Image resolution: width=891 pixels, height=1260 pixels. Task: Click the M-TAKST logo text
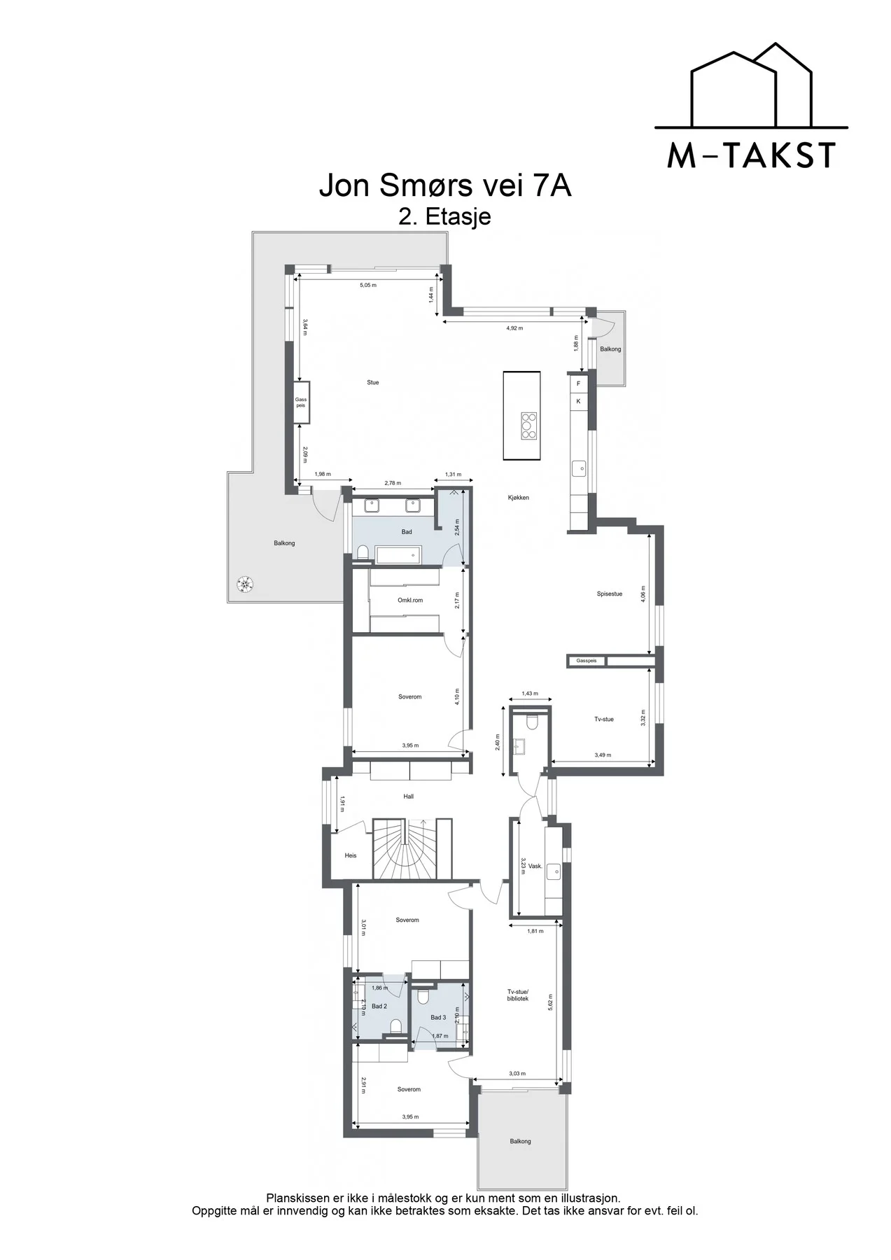pos(751,155)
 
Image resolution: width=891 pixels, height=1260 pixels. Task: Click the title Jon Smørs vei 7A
pos(445,186)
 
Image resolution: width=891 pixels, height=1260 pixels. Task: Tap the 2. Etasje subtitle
pos(445,216)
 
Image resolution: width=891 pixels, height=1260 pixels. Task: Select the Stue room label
pos(373,382)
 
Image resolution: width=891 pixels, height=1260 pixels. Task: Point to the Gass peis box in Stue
pos(301,402)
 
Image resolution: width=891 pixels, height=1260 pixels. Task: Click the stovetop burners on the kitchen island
pos(528,426)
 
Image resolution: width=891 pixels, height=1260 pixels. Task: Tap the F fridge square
pos(579,384)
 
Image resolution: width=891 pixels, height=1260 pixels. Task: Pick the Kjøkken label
pos(519,498)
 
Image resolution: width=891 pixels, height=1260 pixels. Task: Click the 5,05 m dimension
pos(368,286)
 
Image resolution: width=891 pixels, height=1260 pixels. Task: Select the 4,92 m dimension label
pos(514,328)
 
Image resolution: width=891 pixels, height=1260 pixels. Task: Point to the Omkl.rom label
pos(410,600)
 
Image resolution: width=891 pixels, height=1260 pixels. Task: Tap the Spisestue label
pos(610,594)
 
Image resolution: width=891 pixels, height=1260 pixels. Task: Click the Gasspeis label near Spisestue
pos(587,661)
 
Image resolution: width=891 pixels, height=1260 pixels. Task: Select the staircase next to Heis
pos(405,848)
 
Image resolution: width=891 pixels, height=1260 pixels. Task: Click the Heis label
pos(351,855)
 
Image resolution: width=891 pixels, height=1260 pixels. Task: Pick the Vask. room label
pos(535,866)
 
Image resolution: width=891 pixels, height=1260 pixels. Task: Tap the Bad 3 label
pos(438,1018)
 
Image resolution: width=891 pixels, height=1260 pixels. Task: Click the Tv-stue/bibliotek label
pos(518,995)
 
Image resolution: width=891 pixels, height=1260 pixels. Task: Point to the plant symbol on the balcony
pos(244,582)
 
